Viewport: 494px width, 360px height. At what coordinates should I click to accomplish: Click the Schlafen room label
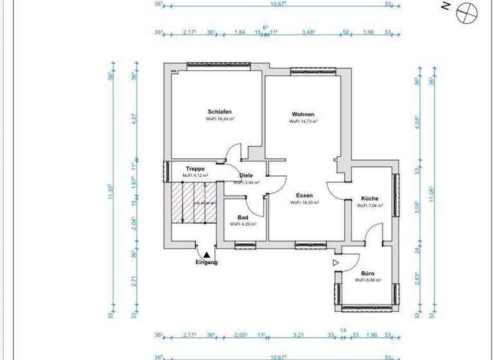pyautogui.click(x=219, y=111)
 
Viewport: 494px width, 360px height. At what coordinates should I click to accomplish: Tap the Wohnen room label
pyautogui.click(x=303, y=114)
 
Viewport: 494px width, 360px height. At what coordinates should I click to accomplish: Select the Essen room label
pyautogui.click(x=304, y=195)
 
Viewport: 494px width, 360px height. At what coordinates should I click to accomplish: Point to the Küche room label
pyautogui.click(x=370, y=199)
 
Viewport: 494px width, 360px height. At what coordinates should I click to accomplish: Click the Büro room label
pyautogui.click(x=368, y=273)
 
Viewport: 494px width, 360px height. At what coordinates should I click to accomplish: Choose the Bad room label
pyautogui.click(x=242, y=218)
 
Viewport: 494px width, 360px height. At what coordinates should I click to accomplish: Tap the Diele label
pyautogui.click(x=246, y=175)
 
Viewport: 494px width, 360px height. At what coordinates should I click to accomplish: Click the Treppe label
pyautogui.click(x=196, y=169)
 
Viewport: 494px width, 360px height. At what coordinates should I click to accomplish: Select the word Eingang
pyautogui.click(x=206, y=262)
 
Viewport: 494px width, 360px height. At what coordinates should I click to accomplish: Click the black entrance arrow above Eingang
pyautogui.click(x=206, y=255)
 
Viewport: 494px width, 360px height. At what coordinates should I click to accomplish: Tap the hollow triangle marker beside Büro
pyautogui.click(x=335, y=263)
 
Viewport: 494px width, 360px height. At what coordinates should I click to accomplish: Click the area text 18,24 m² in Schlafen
pyautogui.click(x=220, y=119)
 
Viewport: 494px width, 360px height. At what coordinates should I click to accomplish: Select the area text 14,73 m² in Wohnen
pyautogui.click(x=304, y=121)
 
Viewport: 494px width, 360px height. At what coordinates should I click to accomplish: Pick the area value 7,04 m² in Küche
pyautogui.click(x=370, y=206)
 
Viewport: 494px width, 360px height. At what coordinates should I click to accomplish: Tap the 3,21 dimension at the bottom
pyautogui.click(x=298, y=335)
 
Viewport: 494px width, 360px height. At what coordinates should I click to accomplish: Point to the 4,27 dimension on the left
pyautogui.click(x=134, y=122)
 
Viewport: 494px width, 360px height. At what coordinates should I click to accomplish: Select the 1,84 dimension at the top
pyautogui.click(x=239, y=32)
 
